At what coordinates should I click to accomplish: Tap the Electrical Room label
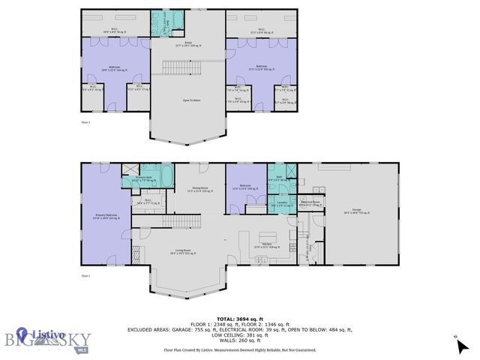310,202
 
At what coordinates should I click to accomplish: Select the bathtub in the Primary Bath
166,178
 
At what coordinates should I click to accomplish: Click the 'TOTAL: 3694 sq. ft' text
240,319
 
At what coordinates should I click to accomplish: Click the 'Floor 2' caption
86,121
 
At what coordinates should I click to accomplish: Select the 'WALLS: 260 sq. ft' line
240,340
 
